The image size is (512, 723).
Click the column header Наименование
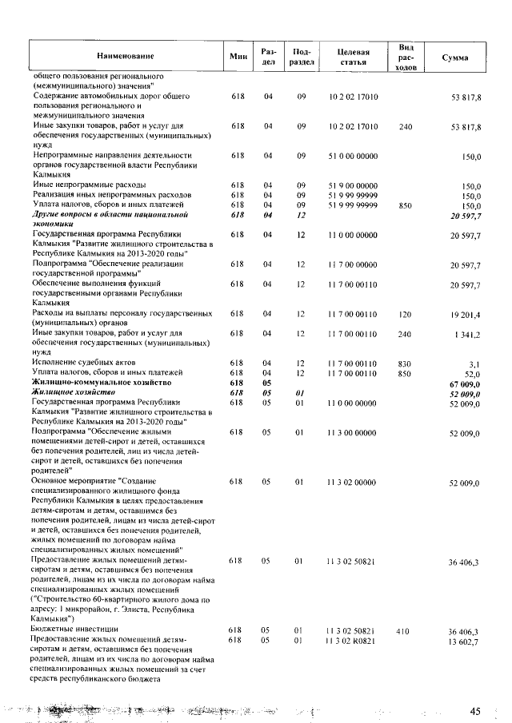click(x=125, y=57)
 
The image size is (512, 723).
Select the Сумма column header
click(x=455, y=58)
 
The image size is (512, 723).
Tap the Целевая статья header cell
click(x=353, y=57)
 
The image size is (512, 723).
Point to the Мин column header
click(x=237, y=57)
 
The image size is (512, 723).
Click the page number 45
click(x=475, y=710)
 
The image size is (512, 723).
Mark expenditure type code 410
click(x=405, y=630)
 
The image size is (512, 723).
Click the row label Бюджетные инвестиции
click(x=75, y=630)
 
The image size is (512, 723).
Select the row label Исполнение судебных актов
click(x=84, y=363)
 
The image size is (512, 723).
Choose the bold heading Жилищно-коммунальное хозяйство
click(x=102, y=383)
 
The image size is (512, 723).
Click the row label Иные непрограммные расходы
click(x=86, y=185)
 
